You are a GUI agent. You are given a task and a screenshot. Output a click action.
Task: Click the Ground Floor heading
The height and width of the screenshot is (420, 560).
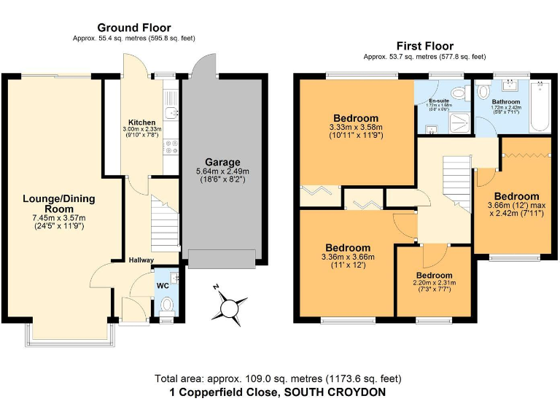coord(135,28)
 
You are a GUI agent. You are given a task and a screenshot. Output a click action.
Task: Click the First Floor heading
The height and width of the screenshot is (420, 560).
coord(424,45)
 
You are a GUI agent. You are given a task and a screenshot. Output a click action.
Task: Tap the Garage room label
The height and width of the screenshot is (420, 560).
coord(222,162)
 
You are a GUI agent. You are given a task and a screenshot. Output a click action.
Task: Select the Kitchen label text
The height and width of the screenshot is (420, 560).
coord(141,122)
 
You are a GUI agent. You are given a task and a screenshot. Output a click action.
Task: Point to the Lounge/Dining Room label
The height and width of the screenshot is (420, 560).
coord(59,203)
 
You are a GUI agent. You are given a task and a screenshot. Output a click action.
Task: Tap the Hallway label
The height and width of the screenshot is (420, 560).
coord(141,260)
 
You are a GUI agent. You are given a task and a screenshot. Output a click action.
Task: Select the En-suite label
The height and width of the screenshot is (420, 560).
coord(438,100)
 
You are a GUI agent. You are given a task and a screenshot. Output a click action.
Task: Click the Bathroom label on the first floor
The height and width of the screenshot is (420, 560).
coord(505,102)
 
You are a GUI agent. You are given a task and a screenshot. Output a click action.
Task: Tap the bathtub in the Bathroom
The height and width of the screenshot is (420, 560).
coord(540,107)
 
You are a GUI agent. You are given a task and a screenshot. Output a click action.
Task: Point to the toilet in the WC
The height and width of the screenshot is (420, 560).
coord(167,303)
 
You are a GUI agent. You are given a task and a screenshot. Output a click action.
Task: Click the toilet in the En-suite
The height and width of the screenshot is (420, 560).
coord(458,93)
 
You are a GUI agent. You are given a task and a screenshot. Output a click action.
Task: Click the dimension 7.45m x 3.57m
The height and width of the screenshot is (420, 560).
coord(59,218)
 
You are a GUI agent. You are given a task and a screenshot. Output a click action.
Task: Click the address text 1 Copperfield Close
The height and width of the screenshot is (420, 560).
coord(277,392)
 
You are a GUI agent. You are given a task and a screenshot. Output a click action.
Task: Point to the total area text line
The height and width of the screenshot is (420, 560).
coord(277,378)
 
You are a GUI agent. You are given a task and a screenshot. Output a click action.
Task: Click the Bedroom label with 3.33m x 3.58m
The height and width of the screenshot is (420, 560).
coord(356,118)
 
